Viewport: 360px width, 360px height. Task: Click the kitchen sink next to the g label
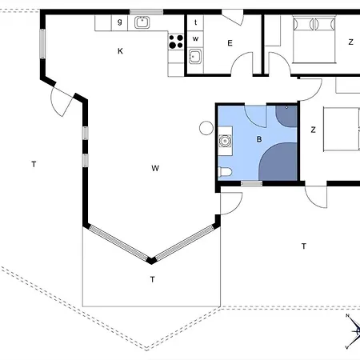(142, 22)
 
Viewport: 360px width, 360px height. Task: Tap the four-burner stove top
(176, 42)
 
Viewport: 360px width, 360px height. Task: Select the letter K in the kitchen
(120, 51)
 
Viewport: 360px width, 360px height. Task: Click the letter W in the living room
(155, 168)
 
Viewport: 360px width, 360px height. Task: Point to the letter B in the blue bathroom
(259, 139)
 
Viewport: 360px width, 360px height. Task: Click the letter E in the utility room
(230, 43)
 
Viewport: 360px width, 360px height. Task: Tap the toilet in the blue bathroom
(225, 172)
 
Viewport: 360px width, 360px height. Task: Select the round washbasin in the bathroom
(225, 141)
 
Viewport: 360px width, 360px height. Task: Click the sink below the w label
(195, 56)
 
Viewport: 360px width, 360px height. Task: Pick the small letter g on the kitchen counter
(120, 22)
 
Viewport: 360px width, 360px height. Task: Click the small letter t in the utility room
(196, 22)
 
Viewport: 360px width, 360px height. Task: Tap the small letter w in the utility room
(195, 38)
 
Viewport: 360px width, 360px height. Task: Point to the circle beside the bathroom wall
(206, 128)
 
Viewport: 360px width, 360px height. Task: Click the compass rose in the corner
(354, 331)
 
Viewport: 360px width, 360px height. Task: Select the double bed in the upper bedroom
(314, 39)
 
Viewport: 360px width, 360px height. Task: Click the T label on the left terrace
(34, 164)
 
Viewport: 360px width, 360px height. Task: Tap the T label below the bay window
(152, 279)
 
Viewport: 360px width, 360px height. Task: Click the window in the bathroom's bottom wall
(251, 183)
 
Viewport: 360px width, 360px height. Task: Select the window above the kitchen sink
(146, 12)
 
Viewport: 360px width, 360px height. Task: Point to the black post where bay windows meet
(151, 260)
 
